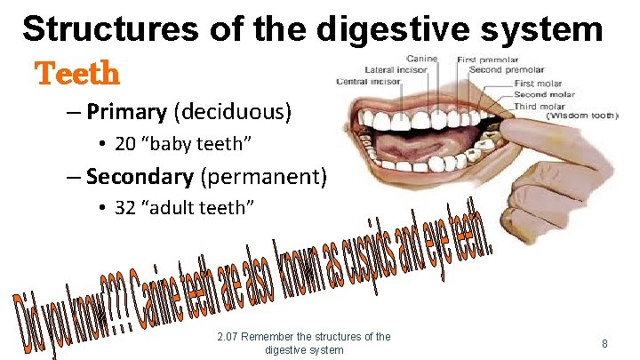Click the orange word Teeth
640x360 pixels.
point(76,73)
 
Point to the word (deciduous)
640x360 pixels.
point(233,113)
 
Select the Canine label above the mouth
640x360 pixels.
point(421,59)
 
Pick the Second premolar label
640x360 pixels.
point(506,69)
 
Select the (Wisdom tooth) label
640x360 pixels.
point(581,116)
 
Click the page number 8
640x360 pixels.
point(604,343)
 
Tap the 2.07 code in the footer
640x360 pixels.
point(228,337)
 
